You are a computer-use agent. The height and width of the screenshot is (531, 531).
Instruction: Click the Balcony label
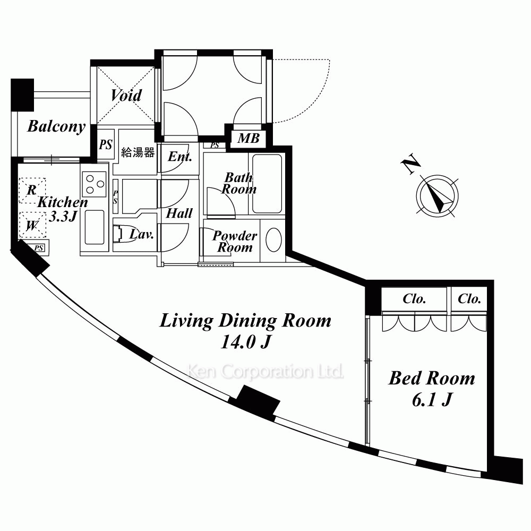(x=56, y=127)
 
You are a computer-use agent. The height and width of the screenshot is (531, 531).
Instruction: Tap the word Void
(x=126, y=95)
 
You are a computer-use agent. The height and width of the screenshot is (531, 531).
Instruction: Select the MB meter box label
(x=248, y=138)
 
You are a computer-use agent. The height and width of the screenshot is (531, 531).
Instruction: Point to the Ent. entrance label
(x=180, y=157)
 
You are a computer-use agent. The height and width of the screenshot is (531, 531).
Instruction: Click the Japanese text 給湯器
(x=138, y=152)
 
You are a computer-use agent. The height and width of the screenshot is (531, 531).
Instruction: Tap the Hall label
(x=179, y=213)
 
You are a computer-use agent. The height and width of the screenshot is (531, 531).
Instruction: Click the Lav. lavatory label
(x=142, y=234)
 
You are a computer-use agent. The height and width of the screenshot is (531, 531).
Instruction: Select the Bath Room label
(x=239, y=183)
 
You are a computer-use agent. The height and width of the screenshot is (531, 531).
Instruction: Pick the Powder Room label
(x=235, y=242)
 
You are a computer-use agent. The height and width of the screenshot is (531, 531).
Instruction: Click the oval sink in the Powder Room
(x=273, y=240)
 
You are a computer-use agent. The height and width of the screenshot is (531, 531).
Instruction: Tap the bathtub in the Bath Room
(x=267, y=184)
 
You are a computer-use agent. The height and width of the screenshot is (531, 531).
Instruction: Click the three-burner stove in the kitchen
(x=95, y=184)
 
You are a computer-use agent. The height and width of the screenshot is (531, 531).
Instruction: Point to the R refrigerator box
(x=32, y=190)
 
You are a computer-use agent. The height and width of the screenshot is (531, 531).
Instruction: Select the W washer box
(x=32, y=225)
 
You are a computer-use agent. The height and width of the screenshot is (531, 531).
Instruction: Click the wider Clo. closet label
(x=414, y=298)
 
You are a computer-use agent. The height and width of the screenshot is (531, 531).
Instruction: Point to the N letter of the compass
(x=411, y=164)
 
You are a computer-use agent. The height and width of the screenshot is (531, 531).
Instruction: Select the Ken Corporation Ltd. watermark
(x=265, y=372)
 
